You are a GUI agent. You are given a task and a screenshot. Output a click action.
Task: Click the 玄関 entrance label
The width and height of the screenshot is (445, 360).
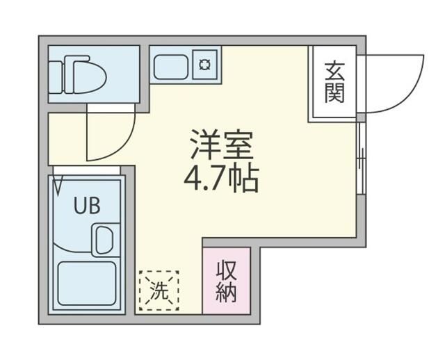[334, 81]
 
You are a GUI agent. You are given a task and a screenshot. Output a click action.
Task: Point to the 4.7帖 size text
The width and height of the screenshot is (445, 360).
[221, 179]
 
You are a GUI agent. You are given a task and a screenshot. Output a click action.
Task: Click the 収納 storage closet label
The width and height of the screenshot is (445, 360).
[226, 280]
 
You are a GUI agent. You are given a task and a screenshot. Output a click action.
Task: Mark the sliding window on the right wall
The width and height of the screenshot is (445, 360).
[360, 160]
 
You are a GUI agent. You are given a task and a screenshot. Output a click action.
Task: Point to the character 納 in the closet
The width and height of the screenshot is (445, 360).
[226, 293]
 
